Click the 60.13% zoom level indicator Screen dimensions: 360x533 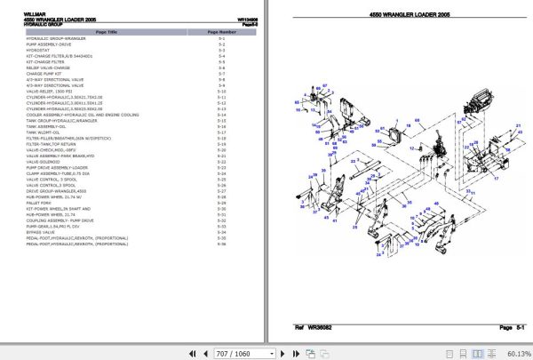pyautogui.click(x=513, y=352)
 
